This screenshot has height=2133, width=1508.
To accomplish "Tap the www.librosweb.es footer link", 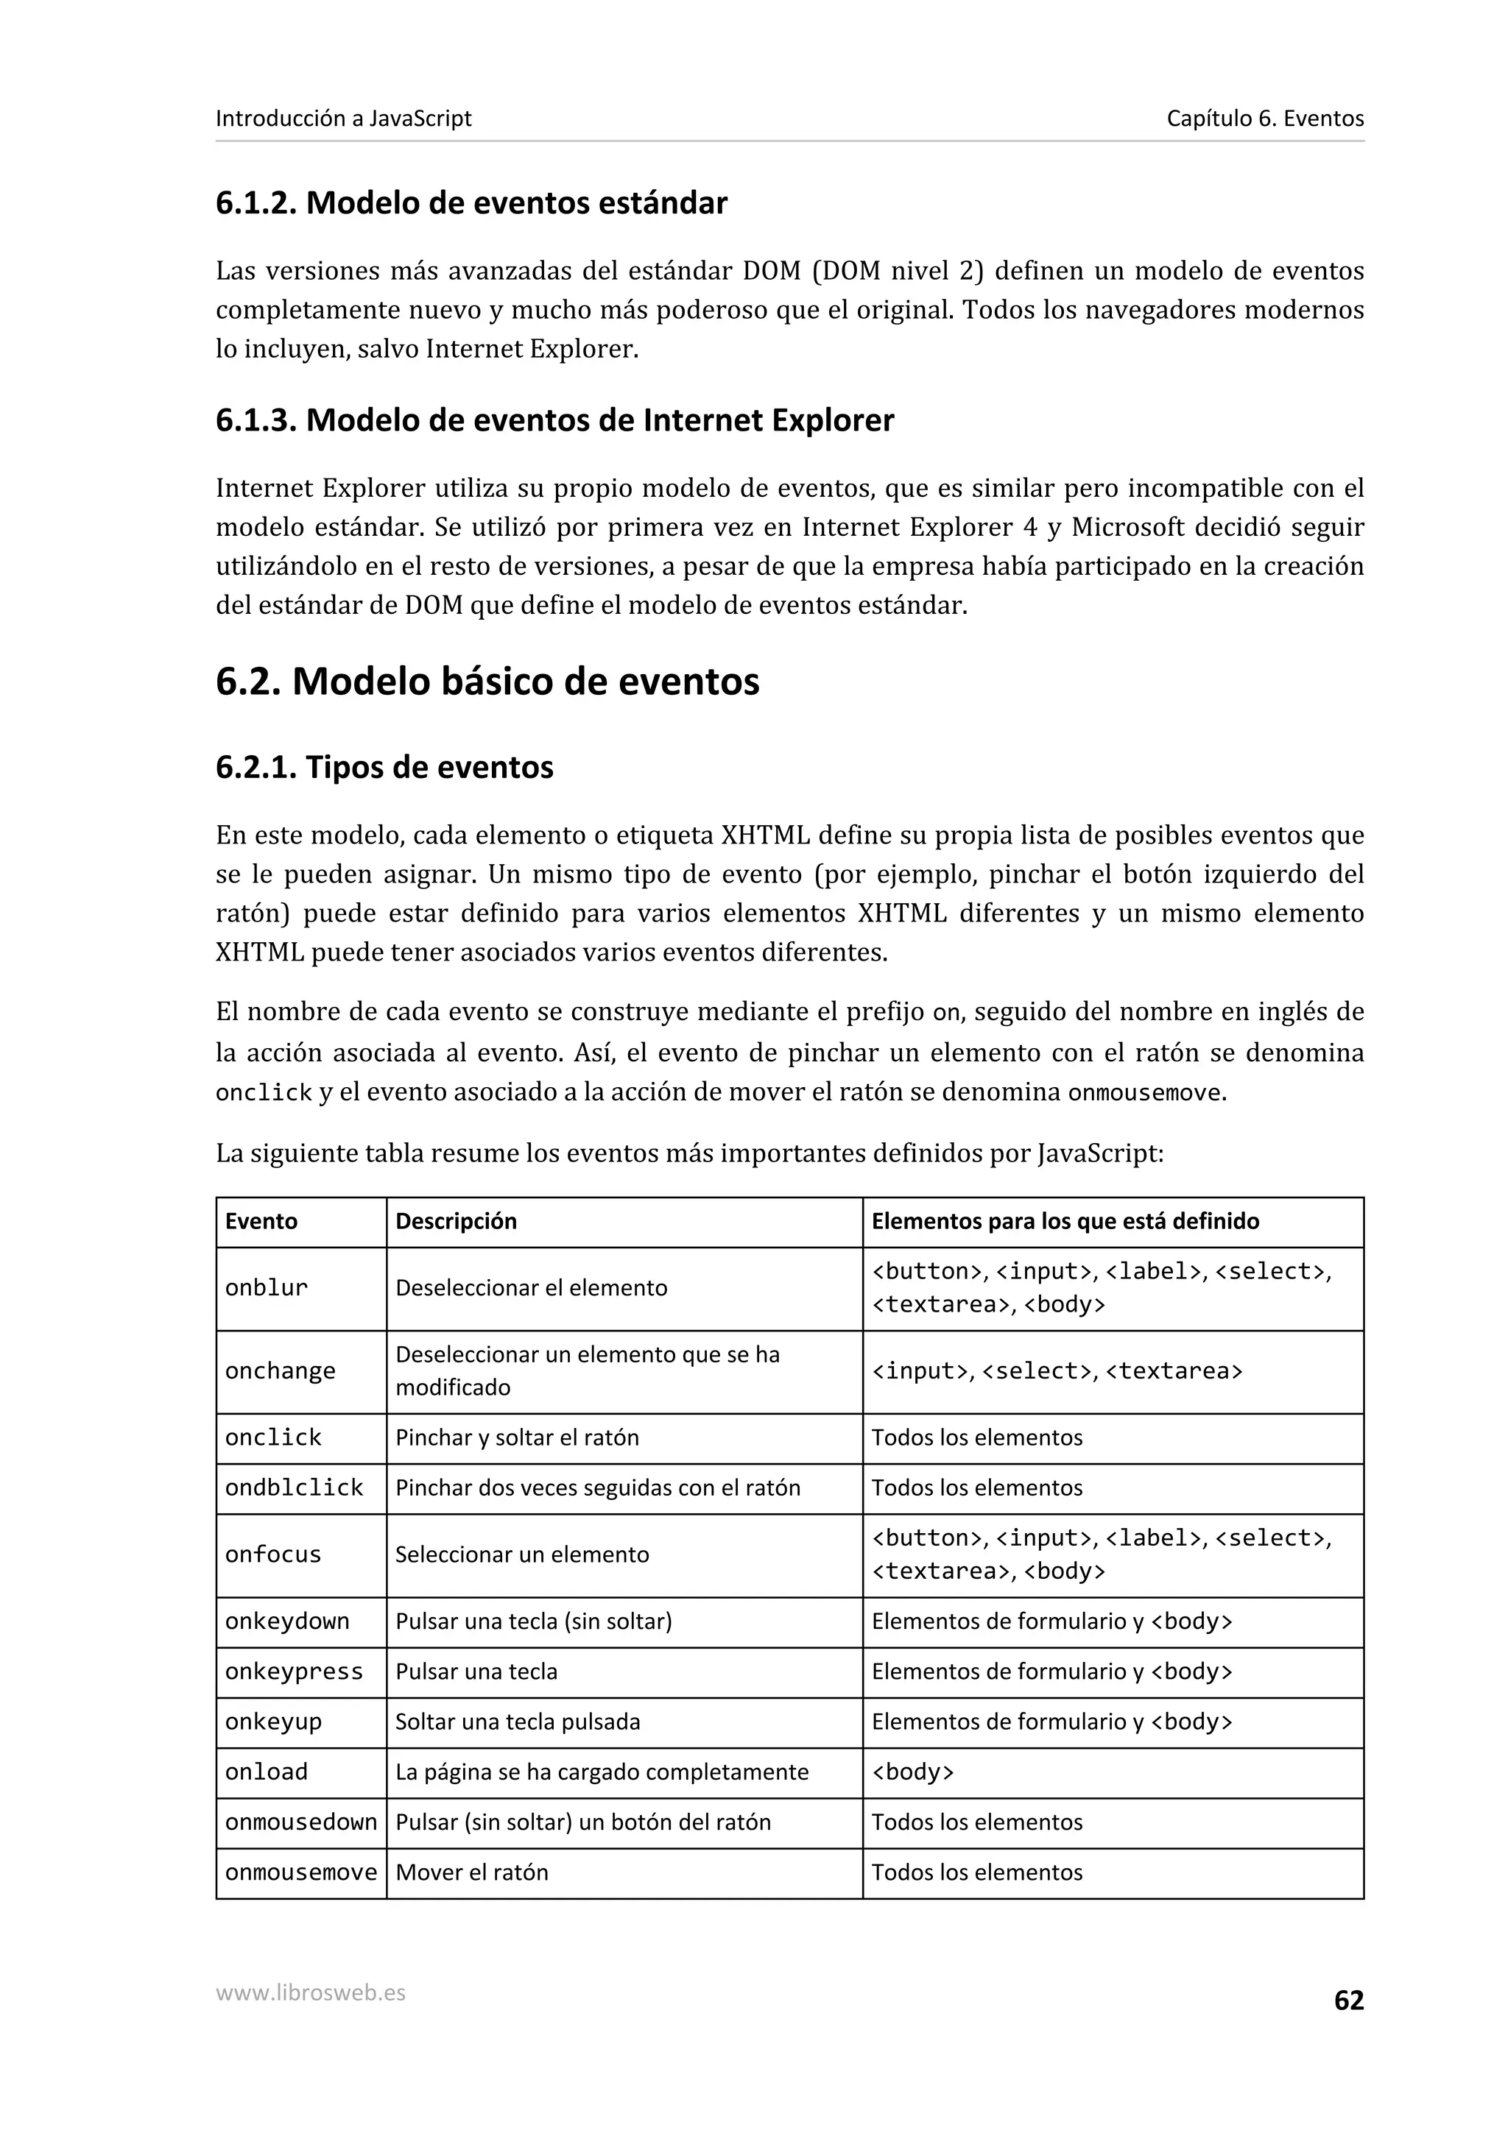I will [310, 1992].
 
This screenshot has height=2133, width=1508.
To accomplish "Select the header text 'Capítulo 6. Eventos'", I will [1264, 119].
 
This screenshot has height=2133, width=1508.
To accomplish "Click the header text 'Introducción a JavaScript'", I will [344, 119].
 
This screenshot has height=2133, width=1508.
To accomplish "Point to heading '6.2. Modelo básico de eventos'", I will [487, 682].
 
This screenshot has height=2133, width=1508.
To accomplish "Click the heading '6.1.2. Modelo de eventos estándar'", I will [471, 202].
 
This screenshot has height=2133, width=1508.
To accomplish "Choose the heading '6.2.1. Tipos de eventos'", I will [384, 768].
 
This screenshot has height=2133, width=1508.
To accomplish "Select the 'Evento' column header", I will [261, 1221].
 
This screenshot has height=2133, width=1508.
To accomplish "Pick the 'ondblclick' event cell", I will [295, 1488].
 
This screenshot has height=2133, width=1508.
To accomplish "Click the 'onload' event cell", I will [267, 1772].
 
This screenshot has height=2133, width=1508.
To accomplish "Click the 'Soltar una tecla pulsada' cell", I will [518, 1722].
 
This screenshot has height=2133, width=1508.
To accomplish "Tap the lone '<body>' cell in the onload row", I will [912, 1772].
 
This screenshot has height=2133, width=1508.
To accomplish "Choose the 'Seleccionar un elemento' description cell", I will [522, 1554].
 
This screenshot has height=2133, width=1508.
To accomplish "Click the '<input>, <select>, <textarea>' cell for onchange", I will [1057, 1371].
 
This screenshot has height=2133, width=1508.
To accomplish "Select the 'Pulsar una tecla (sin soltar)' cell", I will [533, 1621].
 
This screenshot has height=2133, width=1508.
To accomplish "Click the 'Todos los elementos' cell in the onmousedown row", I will [976, 1822].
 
